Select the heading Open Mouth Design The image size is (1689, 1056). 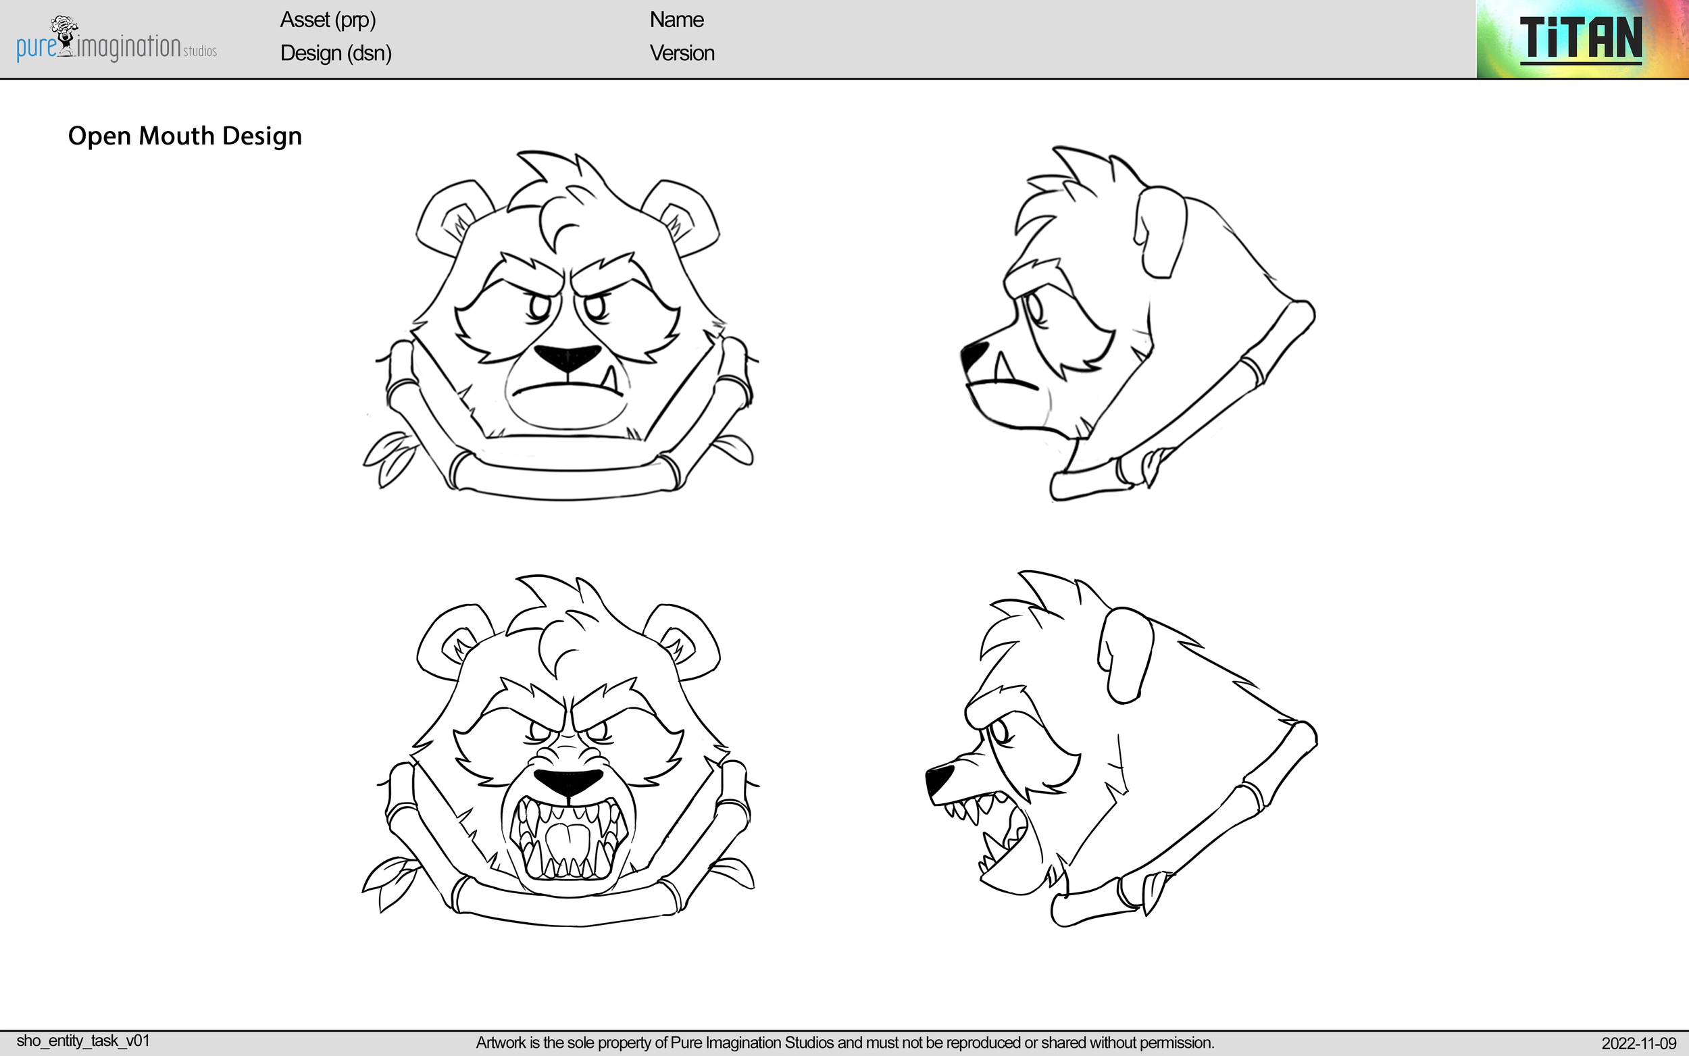(x=185, y=136)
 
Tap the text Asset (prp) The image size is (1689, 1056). (x=328, y=20)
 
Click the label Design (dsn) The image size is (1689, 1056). (x=335, y=53)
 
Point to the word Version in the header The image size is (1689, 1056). (x=682, y=53)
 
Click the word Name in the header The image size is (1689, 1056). (x=676, y=20)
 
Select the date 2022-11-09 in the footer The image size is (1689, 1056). (x=1638, y=1043)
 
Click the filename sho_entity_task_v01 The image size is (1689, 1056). (x=83, y=1040)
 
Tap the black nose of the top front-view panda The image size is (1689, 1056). (x=568, y=357)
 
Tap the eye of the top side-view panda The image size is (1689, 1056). (x=1034, y=308)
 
